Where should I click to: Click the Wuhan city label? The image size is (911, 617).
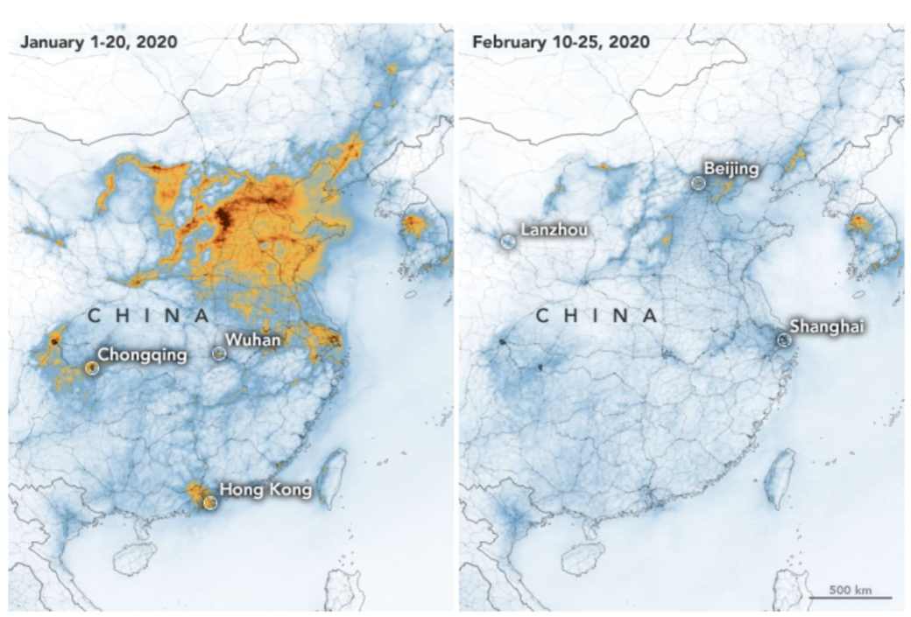(x=252, y=340)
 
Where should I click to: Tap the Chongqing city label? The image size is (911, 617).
(x=142, y=354)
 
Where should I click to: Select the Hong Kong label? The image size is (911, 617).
(x=265, y=490)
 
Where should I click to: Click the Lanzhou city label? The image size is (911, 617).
(x=554, y=230)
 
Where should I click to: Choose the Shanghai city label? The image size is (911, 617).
(x=827, y=326)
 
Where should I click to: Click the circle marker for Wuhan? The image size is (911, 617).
(x=219, y=353)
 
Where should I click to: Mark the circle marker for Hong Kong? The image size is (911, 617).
(x=208, y=502)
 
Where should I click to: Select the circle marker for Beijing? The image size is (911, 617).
(x=698, y=183)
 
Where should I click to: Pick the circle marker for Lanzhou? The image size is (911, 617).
(x=507, y=241)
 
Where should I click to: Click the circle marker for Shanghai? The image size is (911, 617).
(x=782, y=338)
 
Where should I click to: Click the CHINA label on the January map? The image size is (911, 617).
(x=149, y=314)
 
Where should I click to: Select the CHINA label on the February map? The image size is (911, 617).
(x=597, y=315)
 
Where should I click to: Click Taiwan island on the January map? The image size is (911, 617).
(x=332, y=477)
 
